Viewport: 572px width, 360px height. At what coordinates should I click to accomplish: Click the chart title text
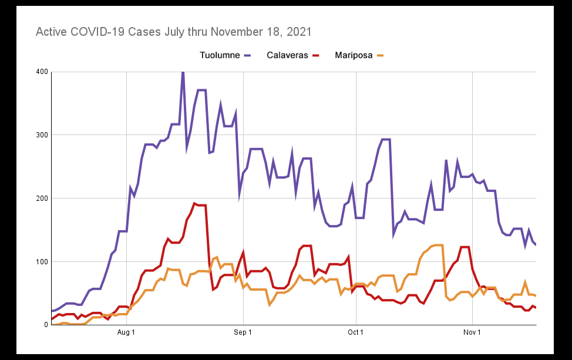tap(173, 32)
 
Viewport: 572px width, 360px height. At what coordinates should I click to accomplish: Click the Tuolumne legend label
tap(220, 56)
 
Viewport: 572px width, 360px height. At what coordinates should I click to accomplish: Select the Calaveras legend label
tap(287, 56)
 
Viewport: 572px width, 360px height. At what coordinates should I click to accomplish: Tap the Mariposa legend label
tap(354, 56)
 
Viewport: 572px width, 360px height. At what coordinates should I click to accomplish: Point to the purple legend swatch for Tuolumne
tap(248, 56)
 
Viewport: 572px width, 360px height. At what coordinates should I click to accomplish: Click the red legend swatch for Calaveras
tap(316, 56)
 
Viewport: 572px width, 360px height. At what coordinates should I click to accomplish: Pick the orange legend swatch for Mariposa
tap(381, 56)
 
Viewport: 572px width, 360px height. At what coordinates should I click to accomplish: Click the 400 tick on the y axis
tap(42, 72)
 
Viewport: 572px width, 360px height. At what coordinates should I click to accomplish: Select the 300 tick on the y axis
tap(42, 135)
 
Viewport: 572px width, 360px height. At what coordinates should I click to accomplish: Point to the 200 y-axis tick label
tap(42, 198)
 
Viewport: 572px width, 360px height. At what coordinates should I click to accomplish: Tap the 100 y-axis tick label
tap(42, 261)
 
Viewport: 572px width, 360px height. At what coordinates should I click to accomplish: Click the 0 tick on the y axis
tap(46, 325)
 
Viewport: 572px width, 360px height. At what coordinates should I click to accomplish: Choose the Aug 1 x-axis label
tap(126, 333)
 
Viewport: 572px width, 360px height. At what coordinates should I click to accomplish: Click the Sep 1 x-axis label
tap(243, 333)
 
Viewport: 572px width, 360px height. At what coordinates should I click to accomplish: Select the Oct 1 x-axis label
tap(355, 333)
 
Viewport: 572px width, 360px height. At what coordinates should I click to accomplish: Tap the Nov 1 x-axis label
tap(472, 333)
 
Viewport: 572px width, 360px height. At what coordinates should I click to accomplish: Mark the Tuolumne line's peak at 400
tap(183, 72)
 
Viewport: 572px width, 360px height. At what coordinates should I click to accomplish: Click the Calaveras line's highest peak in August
tap(194, 203)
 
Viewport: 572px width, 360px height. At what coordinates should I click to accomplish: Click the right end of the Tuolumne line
tap(536, 244)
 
